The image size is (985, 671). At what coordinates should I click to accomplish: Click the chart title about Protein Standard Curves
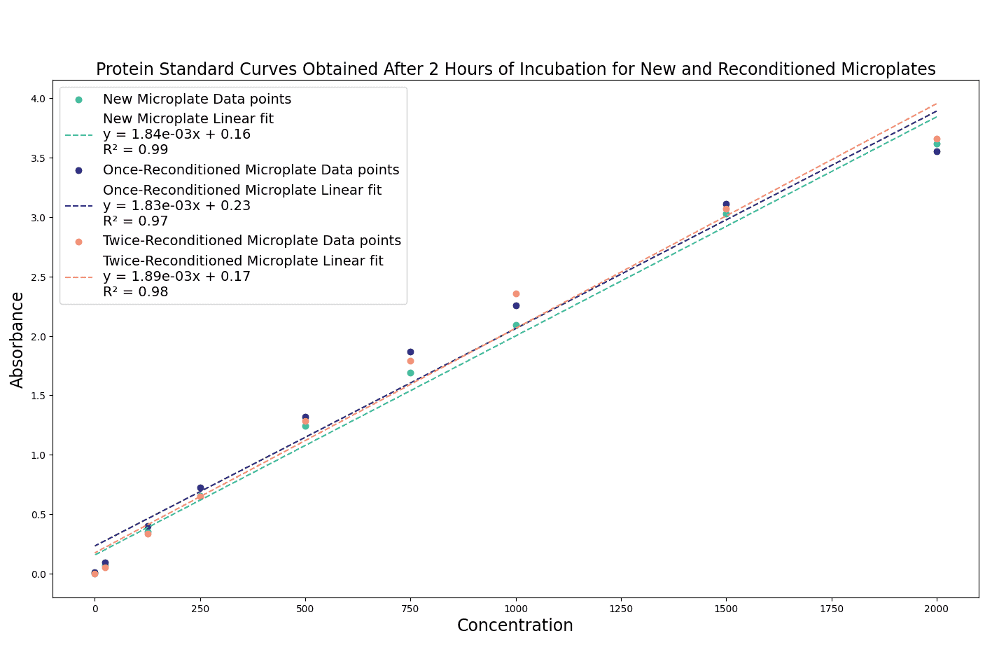click(515, 69)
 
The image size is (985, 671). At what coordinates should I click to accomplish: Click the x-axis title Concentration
click(515, 625)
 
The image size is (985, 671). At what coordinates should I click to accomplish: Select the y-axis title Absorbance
click(18, 340)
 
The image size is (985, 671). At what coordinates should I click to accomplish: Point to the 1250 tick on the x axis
click(621, 609)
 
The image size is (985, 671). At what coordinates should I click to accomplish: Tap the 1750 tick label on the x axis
click(832, 609)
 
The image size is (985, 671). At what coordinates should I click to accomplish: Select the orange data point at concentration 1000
click(516, 293)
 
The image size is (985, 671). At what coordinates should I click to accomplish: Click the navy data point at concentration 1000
click(516, 305)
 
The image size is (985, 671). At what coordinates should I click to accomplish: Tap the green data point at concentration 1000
click(516, 325)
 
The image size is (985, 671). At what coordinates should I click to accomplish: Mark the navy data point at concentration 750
click(410, 352)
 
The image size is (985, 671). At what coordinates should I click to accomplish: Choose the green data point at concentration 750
click(410, 373)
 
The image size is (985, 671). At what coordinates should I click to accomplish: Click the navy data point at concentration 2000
click(937, 151)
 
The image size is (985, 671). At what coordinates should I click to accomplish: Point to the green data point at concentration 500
click(305, 426)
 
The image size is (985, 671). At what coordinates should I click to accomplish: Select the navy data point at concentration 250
click(200, 487)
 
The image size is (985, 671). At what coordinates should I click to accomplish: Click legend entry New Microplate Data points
click(197, 99)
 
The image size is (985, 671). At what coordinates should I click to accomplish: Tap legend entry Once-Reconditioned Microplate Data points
click(251, 170)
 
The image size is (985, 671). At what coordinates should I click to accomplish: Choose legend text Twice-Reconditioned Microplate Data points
click(251, 241)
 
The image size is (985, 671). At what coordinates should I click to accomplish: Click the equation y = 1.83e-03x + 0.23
click(176, 206)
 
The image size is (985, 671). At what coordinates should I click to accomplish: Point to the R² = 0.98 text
click(135, 292)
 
